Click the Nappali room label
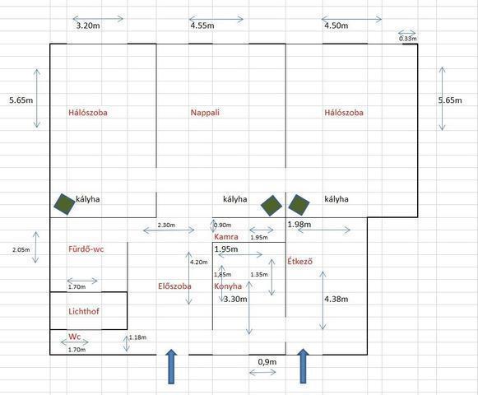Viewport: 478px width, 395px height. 205,113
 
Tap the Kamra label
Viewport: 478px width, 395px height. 226,237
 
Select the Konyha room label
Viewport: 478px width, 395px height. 228,286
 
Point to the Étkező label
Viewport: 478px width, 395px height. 300,262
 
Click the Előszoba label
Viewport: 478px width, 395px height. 174,286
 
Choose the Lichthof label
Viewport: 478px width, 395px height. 84,311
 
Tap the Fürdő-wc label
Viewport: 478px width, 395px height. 86,249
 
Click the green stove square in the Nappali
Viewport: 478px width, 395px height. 271,206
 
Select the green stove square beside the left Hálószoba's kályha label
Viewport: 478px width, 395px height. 64,204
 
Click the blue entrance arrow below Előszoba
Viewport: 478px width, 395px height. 172,366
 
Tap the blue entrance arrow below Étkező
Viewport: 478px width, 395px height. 303,366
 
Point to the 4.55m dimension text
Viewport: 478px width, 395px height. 202,26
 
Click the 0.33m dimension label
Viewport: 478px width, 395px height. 408,39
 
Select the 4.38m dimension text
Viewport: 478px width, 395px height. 336,299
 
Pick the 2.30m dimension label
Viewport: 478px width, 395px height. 166,225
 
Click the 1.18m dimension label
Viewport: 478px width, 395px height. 137,337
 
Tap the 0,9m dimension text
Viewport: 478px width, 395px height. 267,362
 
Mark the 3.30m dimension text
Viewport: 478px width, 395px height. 235,300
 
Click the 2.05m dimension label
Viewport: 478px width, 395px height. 21,250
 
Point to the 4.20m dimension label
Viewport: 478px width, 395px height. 199,262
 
